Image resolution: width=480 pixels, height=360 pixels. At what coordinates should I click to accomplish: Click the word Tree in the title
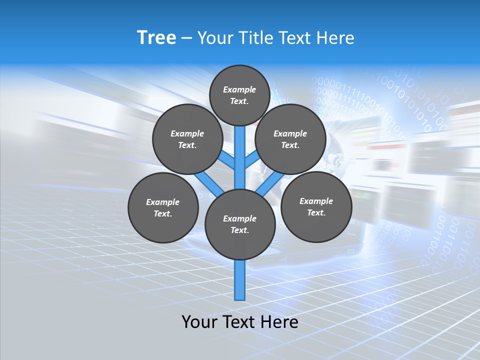[x=156, y=38]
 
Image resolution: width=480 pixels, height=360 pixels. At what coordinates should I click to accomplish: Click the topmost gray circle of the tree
[x=240, y=95]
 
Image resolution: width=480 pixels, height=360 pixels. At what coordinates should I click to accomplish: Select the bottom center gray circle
[x=240, y=224]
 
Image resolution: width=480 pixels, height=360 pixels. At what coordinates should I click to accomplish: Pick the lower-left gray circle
[x=163, y=207]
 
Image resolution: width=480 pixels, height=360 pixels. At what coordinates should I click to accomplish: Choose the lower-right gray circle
[x=316, y=206]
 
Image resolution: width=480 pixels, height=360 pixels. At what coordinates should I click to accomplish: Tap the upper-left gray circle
[x=187, y=139]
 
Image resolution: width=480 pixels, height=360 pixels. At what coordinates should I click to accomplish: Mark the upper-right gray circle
[x=290, y=139]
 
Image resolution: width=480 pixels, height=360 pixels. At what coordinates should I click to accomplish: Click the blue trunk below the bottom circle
[x=240, y=280]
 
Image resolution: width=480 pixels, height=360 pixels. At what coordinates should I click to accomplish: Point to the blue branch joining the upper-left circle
[x=227, y=160]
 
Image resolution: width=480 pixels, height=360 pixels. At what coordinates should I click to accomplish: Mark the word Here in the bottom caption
[x=281, y=322]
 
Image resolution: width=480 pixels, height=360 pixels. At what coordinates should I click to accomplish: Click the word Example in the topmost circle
[x=239, y=89]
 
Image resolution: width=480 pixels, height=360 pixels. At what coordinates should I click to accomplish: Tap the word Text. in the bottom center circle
[x=239, y=230]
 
